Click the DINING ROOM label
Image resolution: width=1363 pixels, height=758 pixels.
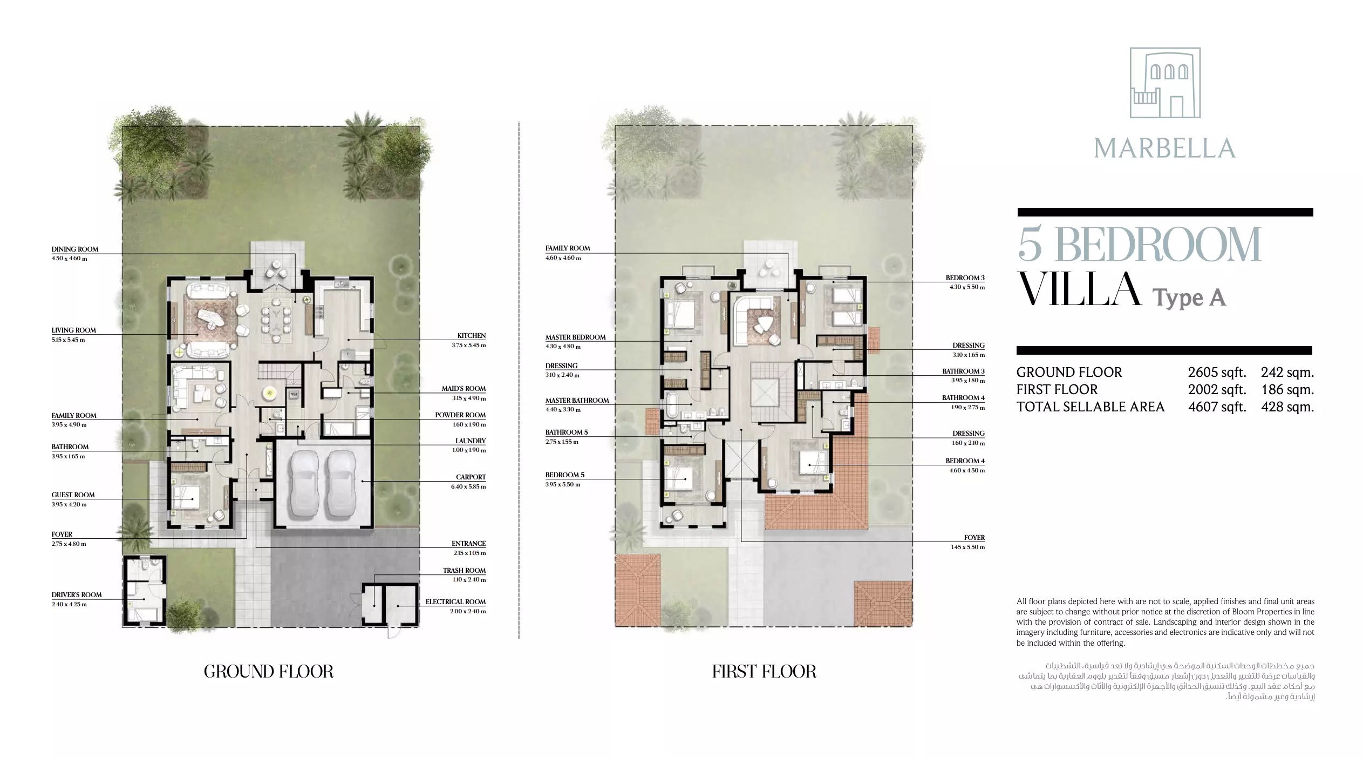point(74,249)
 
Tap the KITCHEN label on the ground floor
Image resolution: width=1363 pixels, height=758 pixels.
point(471,336)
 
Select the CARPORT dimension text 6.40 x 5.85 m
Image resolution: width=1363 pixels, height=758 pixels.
point(468,487)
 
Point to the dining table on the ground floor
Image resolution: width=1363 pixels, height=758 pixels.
point(276,322)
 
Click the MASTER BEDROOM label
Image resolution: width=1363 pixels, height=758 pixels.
point(575,337)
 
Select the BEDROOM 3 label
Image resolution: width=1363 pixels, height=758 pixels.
point(965,278)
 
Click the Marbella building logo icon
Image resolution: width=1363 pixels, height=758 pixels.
point(1165,83)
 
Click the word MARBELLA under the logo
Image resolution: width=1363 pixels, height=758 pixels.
point(1165,148)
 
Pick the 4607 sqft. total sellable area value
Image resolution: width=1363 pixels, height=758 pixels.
point(1217,407)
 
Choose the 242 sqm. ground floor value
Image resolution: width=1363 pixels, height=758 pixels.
point(1287,373)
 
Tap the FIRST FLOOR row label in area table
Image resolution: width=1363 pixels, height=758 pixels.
point(1057,390)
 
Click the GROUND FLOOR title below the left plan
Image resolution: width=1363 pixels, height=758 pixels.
point(268,672)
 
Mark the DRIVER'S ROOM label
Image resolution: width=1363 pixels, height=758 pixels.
point(76,595)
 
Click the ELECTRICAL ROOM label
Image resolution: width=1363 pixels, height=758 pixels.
point(455,602)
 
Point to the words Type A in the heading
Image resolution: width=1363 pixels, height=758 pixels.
point(1189,297)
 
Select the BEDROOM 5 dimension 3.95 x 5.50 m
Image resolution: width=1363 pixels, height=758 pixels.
point(563,485)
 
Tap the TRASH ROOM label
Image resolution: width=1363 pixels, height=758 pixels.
point(464,571)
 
